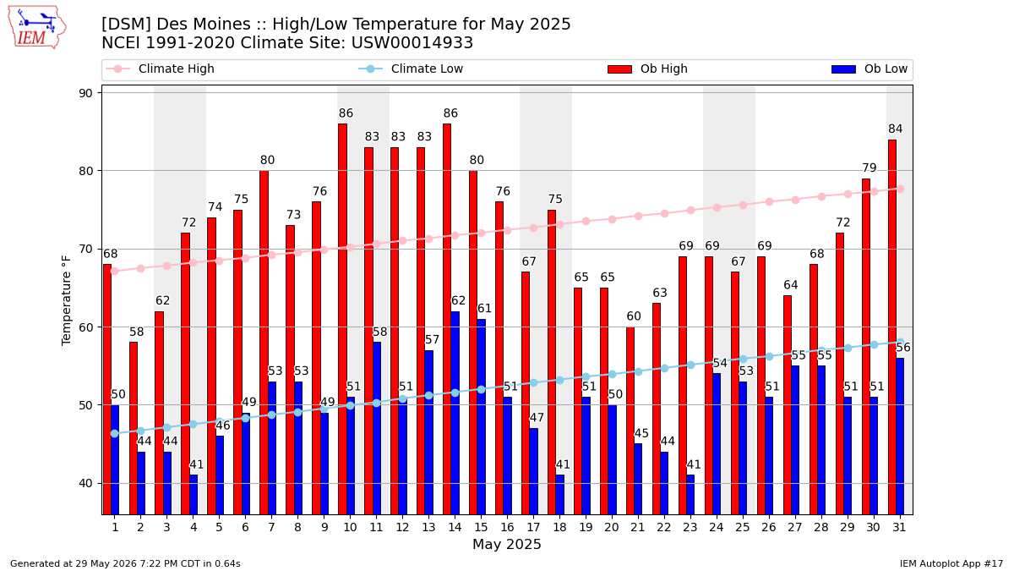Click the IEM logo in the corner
click(36, 28)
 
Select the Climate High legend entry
click(160, 69)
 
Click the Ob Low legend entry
click(870, 69)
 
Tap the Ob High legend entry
click(647, 69)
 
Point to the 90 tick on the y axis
click(85, 93)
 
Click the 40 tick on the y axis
click(85, 483)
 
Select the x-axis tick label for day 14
click(455, 527)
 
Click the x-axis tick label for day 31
click(899, 527)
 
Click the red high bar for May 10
click(343, 319)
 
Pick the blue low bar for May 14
click(455, 413)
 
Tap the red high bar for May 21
click(630, 420)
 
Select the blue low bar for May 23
click(690, 494)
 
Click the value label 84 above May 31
click(896, 129)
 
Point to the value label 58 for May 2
click(137, 332)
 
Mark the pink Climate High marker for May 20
click(612, 219)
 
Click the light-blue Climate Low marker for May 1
click(115, 434)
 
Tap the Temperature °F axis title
click(66, 300)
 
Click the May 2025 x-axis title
click(506, 544)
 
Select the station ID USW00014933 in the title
click(412, 43)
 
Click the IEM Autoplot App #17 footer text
click(951, 563)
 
